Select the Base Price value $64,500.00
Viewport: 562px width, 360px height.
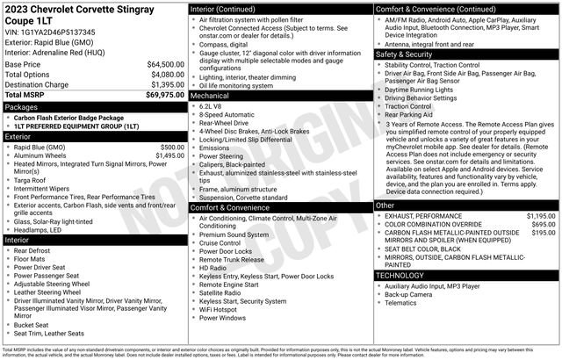tap(165, 64)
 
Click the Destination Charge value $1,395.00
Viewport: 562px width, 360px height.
tap(165, 83)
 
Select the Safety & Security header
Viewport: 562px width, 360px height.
tap(405, 54)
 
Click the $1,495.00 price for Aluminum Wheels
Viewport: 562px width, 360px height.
tap(169, 155)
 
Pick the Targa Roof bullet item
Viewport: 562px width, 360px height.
tap(32, 178)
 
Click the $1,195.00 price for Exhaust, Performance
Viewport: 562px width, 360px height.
tap(540, 215)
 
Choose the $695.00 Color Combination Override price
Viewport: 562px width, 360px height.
tap(544, 224)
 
